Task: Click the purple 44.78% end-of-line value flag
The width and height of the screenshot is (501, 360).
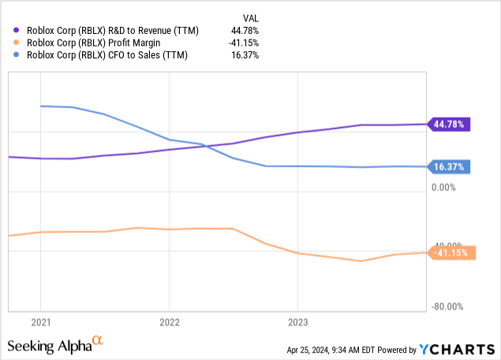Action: click(x=449, y=124)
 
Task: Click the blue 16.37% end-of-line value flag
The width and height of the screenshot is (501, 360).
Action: click(x=449, y=167)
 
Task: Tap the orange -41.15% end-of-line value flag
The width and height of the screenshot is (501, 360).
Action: click(x=451, y=253)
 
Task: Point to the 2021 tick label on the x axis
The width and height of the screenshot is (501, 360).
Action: click(x=40, y=322)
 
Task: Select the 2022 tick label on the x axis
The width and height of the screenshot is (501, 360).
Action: click(x=169, y=322)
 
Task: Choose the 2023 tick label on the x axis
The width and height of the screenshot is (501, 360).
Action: click(x=297, y=322)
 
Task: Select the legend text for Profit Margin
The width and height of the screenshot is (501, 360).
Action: click(x=93, y=43)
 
